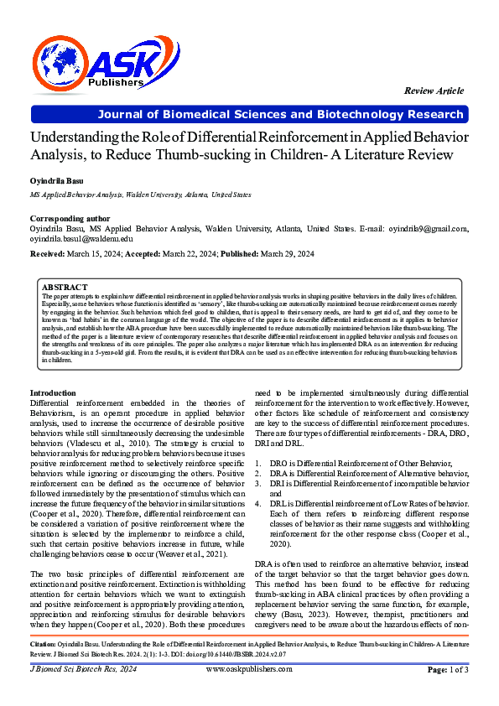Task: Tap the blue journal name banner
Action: click(249, 114)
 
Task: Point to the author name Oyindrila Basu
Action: click(55, 180)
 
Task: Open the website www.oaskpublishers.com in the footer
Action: click(249, 669)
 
